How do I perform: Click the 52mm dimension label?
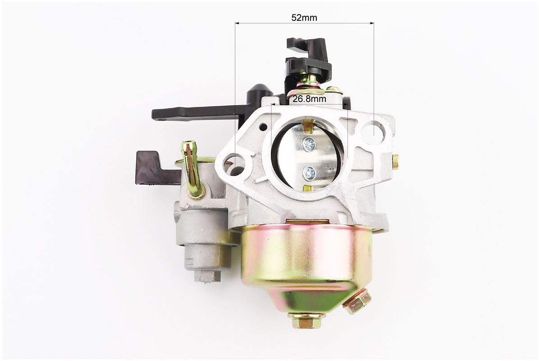(x=304, y=18)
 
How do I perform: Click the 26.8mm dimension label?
(x=309, y=99)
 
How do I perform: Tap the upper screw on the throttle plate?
(x=309, y=143)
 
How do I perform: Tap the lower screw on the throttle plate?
(x=308, y=171)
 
